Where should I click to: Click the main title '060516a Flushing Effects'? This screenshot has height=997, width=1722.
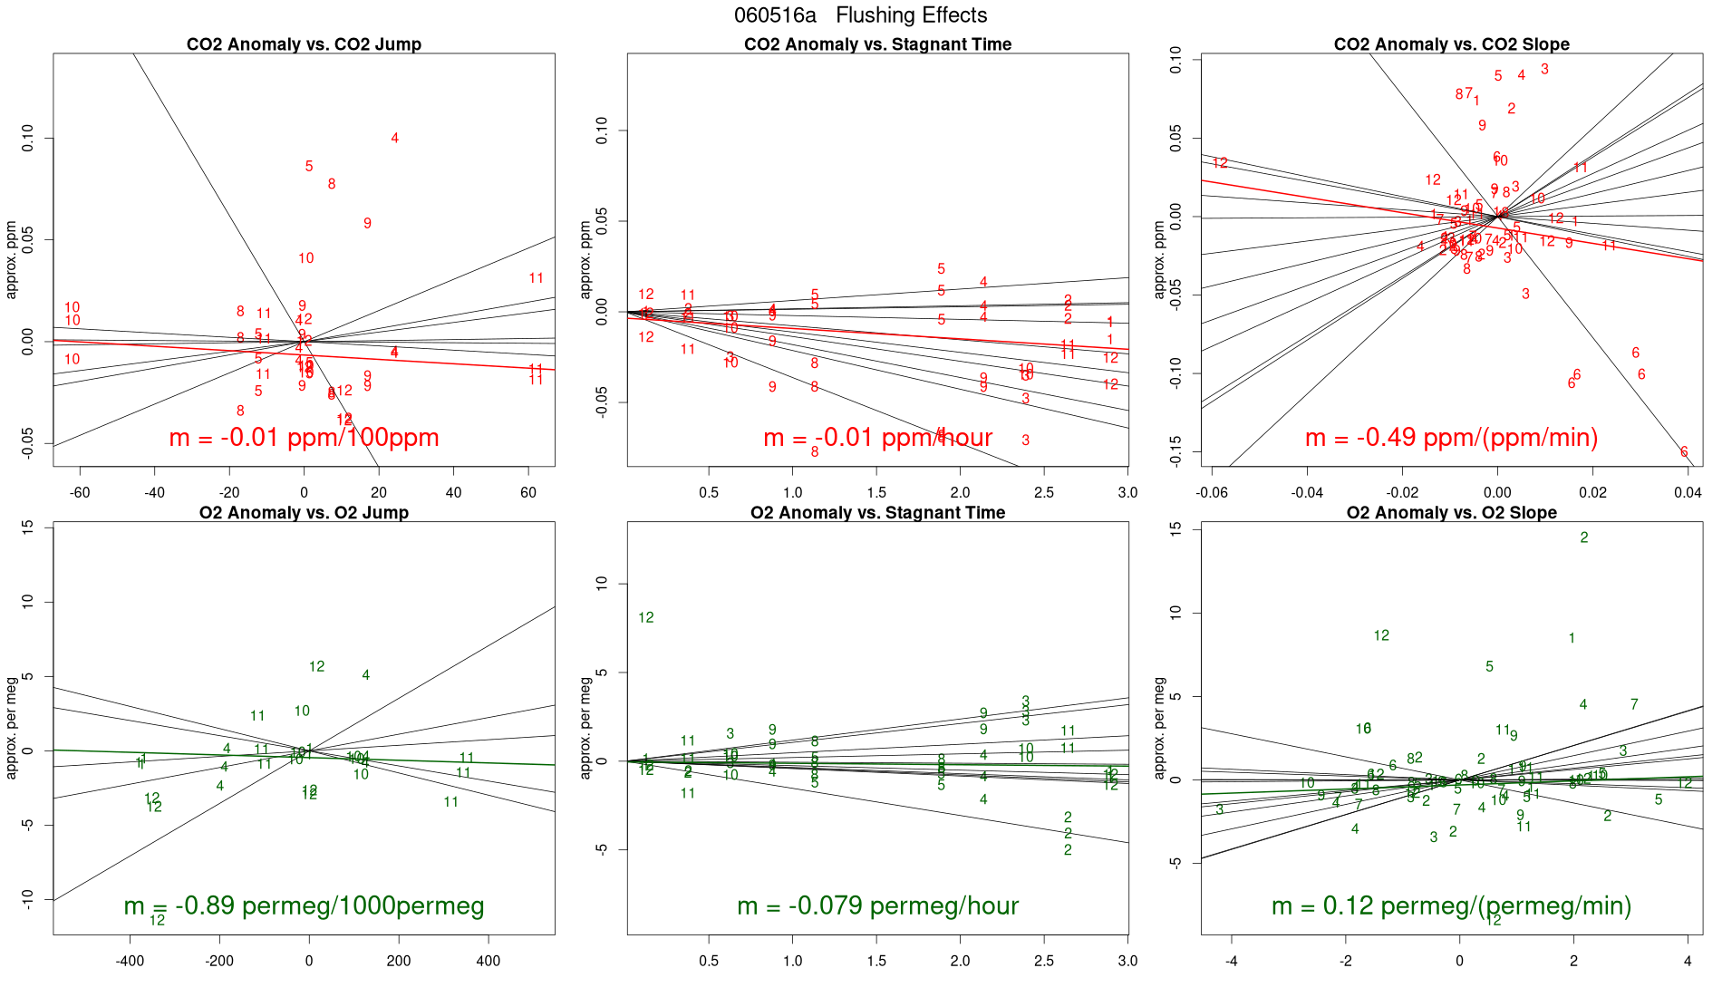click(x=860, y=15)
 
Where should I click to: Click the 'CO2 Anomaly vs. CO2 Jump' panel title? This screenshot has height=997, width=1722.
click(x=304, y=44)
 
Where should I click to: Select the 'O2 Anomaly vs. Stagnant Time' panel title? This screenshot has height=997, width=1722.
click(x=877, y=513)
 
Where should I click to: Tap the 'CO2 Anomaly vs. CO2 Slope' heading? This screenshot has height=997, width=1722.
click(x=1451, y=44)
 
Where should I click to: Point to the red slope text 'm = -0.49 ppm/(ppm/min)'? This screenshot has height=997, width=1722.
click(x=1451, y=438)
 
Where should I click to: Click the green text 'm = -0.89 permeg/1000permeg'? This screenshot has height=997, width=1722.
click(x=304, y=906)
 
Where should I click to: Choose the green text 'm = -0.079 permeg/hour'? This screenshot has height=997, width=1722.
click(x=877, y=906)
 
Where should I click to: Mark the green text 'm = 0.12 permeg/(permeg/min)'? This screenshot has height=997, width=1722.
click(x=1451, y=906)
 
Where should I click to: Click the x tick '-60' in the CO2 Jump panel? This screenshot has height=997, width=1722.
click(x=80, y=493)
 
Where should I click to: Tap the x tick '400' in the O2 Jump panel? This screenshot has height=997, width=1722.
click(x=488, y=962)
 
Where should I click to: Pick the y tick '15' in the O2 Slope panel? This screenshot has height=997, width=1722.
click(x=1175, y=529)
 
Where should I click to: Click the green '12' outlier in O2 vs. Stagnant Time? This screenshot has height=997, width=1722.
click(x=645, y=618)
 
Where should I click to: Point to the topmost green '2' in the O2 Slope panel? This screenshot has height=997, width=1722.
click(x=1584, y=538)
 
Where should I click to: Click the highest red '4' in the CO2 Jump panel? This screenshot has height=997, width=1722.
click(x=394, y=139)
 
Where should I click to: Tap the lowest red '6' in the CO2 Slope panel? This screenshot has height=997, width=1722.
click(x=1684, y=452)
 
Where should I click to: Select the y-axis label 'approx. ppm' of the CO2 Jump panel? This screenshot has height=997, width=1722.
click(x=12, y=260)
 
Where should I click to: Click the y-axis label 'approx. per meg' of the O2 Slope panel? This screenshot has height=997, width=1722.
click(x=1159, y=729)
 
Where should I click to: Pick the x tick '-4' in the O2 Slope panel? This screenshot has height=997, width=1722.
click(x=1232, y=962)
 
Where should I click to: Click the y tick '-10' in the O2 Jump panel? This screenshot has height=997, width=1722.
click(x=27, y=898)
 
